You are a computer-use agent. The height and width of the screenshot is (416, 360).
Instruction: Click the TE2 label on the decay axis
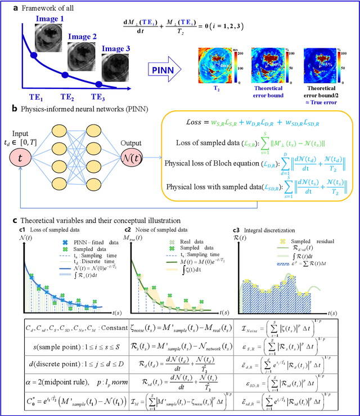[70, 97]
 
